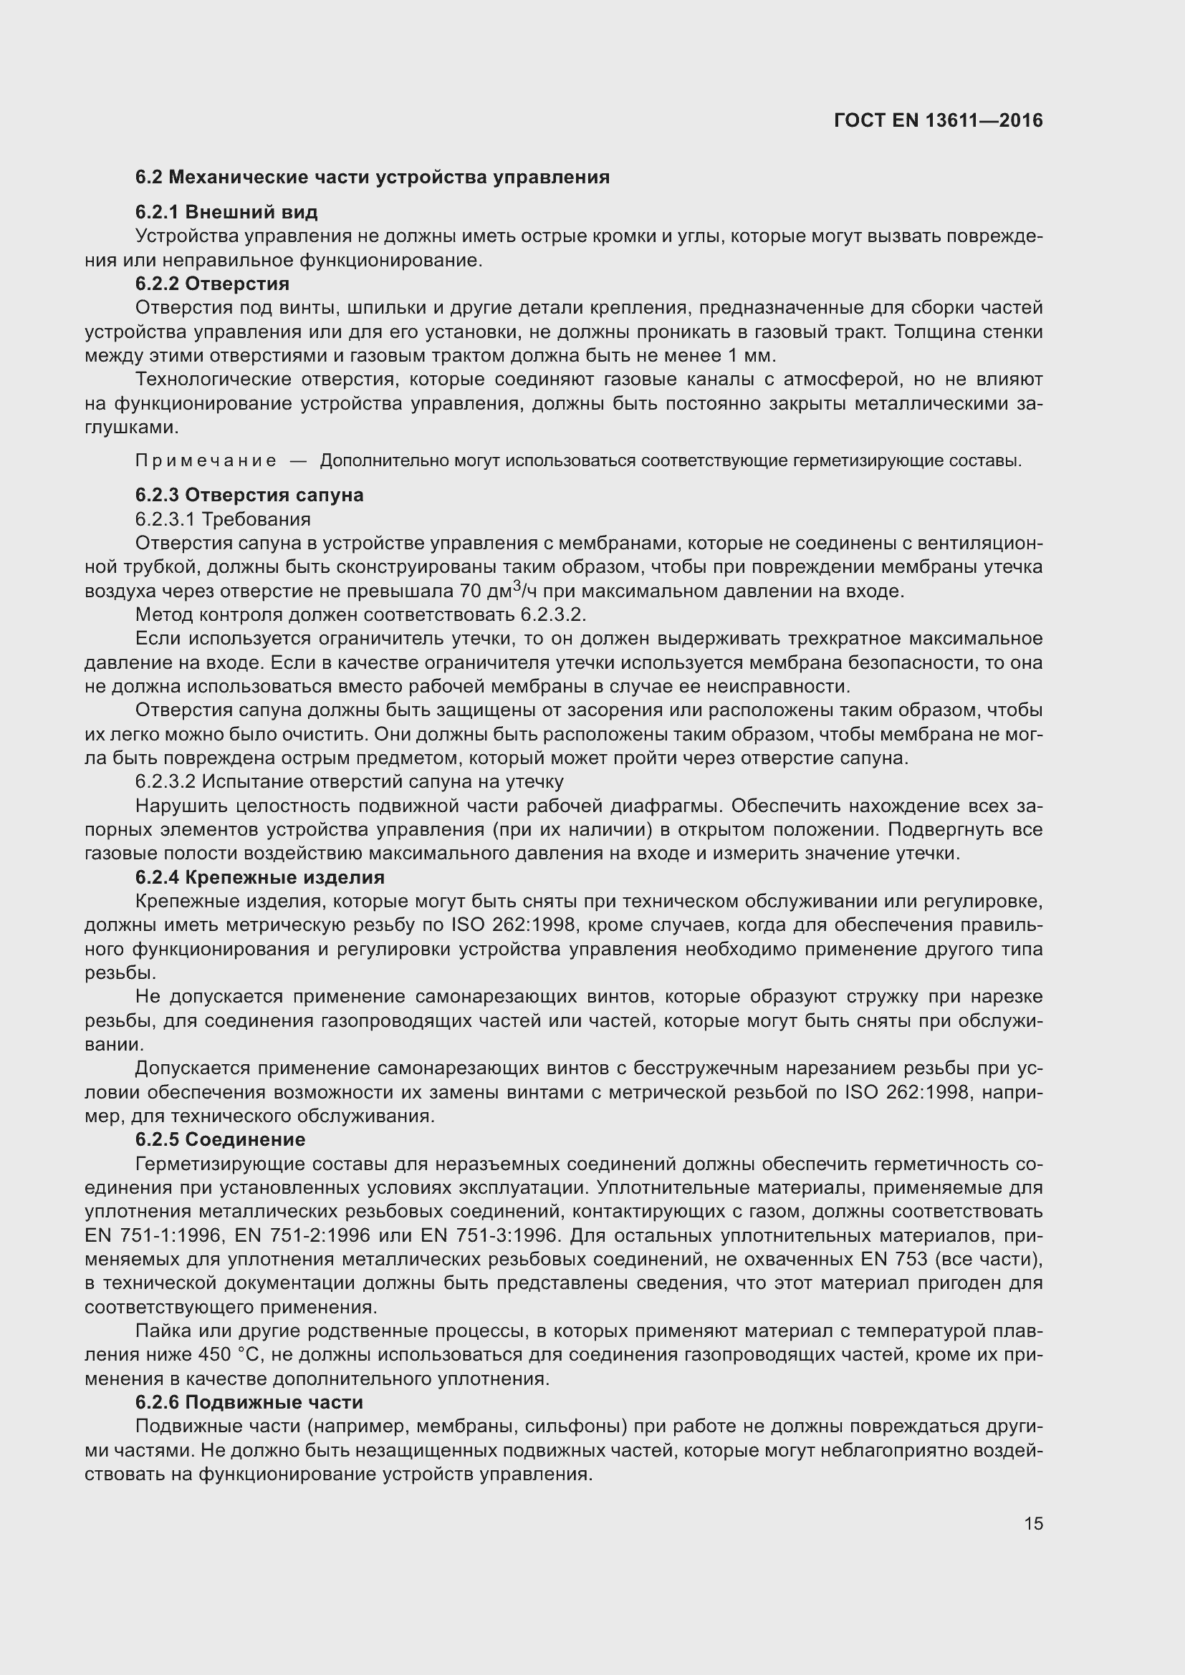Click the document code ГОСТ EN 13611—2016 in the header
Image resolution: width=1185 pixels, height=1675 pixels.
(938, 120)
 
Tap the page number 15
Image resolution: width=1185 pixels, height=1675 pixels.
(1033, 1523)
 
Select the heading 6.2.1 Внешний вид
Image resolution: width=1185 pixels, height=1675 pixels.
(226, 212)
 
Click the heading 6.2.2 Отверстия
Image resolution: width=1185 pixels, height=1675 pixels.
(212, 283)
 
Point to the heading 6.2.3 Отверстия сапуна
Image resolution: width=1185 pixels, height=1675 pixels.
(249, 495)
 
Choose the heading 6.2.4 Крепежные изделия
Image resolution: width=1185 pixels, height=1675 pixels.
(260, 877)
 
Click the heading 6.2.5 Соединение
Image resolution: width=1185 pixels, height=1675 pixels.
(221, 1139)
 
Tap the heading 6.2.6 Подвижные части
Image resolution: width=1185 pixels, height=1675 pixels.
(249, 1402)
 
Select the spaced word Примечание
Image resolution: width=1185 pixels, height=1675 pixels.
(206, 461)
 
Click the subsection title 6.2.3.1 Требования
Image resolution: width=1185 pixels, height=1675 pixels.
(223, 518)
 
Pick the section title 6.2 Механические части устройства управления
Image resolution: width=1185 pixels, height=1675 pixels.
(372, 178)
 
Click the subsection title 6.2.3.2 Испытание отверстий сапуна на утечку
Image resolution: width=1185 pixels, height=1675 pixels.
(349, 781)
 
